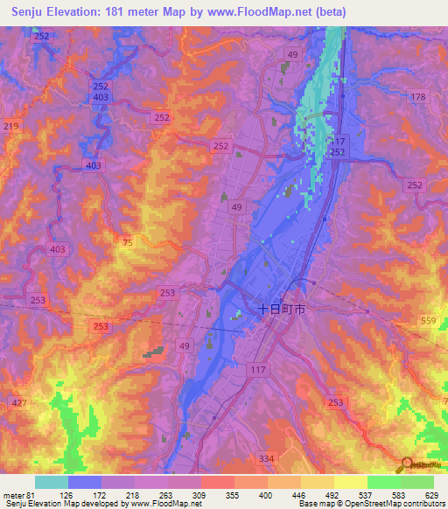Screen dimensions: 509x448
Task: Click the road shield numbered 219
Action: click(x=10, y=127)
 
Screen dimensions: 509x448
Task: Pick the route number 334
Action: click(x=267, y=457)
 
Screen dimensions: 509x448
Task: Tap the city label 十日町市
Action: click(x=282, y=309)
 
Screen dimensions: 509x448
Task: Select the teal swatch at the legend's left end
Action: click(x=51, y=482)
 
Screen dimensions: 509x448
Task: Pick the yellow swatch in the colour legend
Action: click(x=350, y=482)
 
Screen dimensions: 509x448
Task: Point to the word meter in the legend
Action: click(x=15, y=494)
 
